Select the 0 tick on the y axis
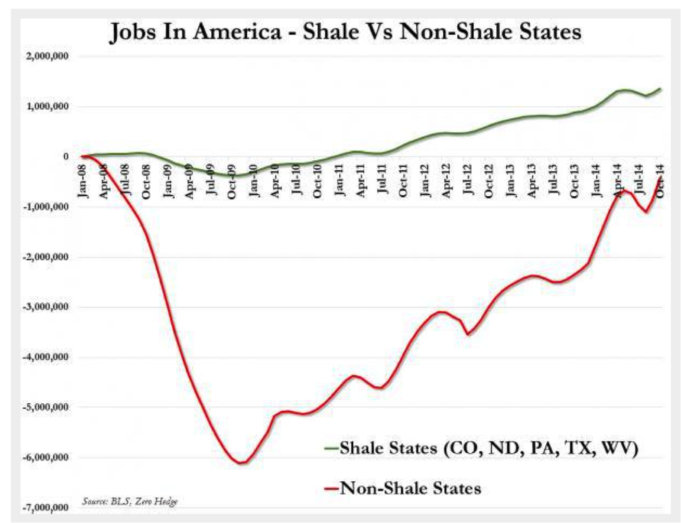(66, 157)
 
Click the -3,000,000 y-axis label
(45, 307)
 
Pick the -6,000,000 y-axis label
(45, 457)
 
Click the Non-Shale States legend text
(410, 488)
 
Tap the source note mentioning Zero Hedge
(130, 501)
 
